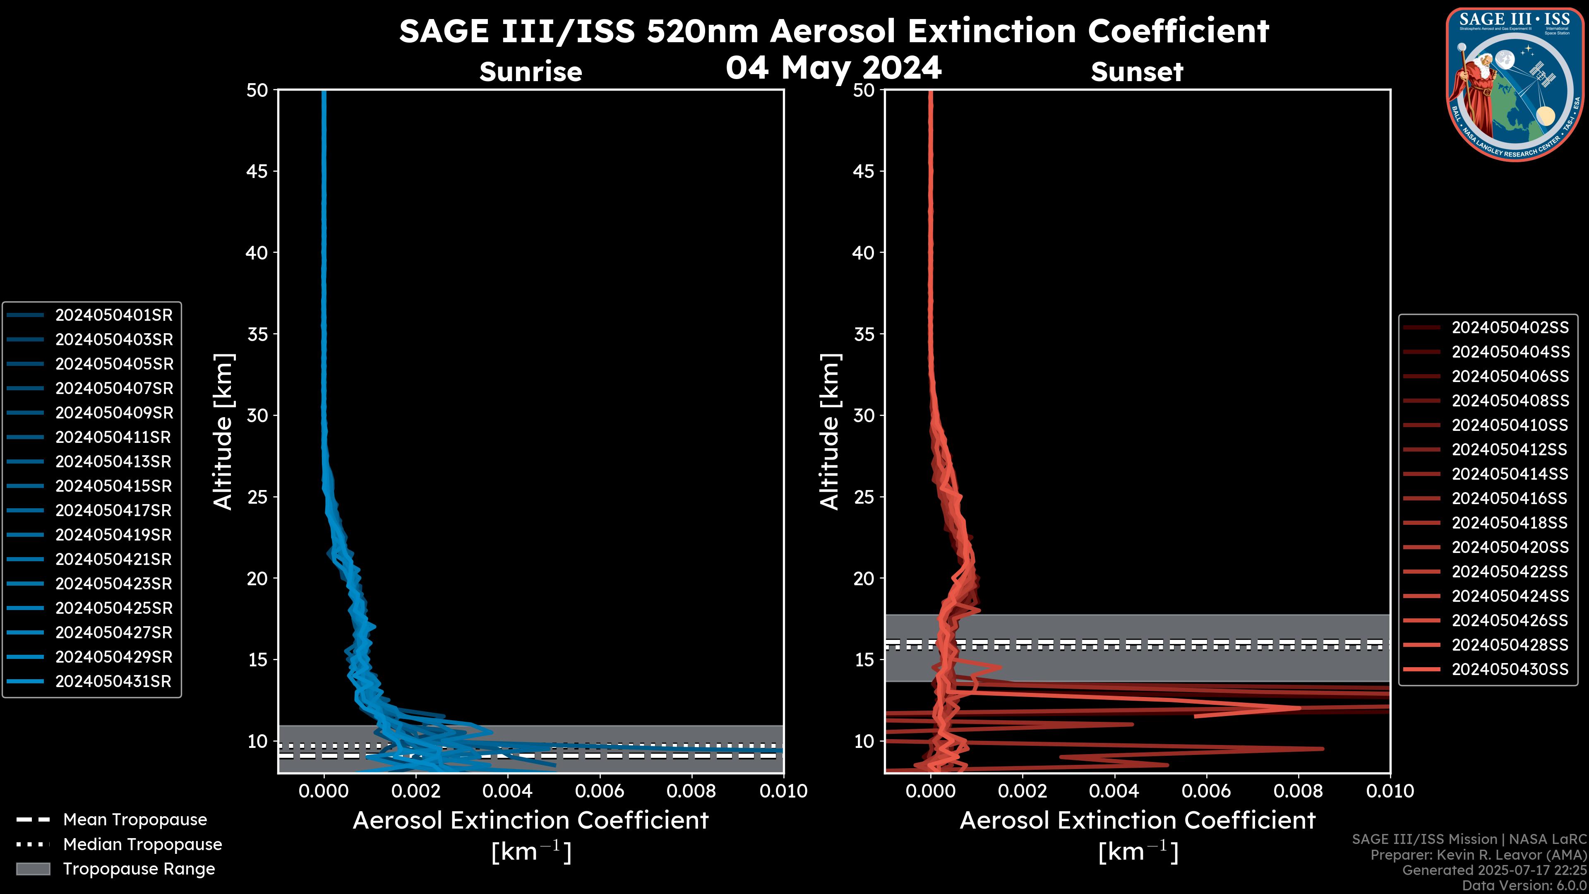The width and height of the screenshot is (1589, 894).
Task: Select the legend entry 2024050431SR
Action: tap(113, 682)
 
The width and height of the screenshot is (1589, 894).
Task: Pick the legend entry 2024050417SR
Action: tap(113, 511)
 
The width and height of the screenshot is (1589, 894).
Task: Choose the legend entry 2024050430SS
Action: tap(1510, 669)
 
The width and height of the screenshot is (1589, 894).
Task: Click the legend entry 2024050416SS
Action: tap(1510, 498)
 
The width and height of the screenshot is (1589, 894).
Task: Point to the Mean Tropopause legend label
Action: tap(135, 820)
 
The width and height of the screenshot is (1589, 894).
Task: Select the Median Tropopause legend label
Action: tap(142, 844)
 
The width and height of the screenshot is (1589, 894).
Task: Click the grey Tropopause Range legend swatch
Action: tap(33, 869)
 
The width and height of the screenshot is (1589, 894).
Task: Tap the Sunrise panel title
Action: tap(530, 72)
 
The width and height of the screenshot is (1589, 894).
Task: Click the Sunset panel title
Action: tap(1137, 72)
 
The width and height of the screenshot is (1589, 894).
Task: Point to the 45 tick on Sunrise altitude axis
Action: tap(257, 171)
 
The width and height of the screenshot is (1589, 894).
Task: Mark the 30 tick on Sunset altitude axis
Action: tap(864, 415)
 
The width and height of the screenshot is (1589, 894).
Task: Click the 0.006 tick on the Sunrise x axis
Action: tap(600, 791)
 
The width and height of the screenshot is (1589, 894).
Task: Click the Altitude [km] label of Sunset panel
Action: tap(830, 432)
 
